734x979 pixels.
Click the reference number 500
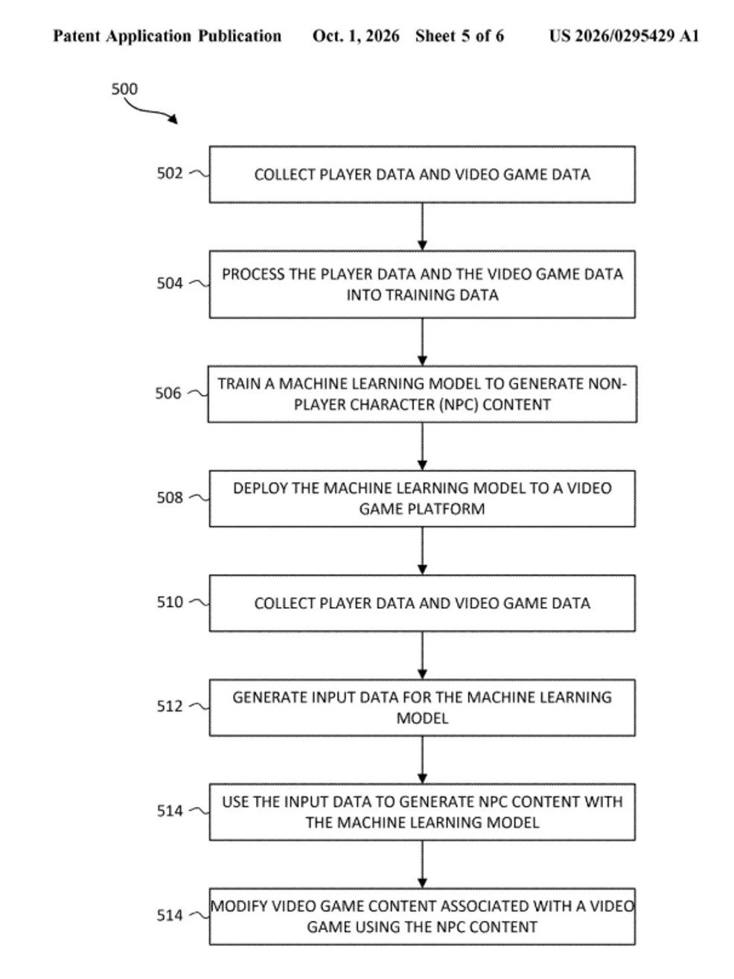pyautogui.click(x=124, y=89)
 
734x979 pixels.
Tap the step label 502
pyautogui.click(x=169, y=173)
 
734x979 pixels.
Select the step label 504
pyautogui.click(x=169, y=283)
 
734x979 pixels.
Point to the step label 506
pyautogui.click(x=168, y=393)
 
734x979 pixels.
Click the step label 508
pyautogui.click(x=169, y=498)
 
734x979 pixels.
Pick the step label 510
pyautogui.click(x=169, y=602)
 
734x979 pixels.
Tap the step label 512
pyautogui.click(x=169, y=706)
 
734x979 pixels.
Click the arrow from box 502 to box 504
pyautogui.click(x=422, y=227)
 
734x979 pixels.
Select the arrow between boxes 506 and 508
pyautogui.click(x=422, y=446)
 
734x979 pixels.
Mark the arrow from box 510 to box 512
pyautogui.click(x=422, y=656)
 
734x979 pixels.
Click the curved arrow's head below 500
pyautogui.click(x=173, y=119)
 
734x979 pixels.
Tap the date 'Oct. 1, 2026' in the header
pyautogui.click(x=356, y=36)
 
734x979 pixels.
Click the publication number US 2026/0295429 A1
pyautogui.click(x=624, y=36)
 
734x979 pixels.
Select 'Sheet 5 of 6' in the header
pyautogui.click(x=459, y=36)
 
